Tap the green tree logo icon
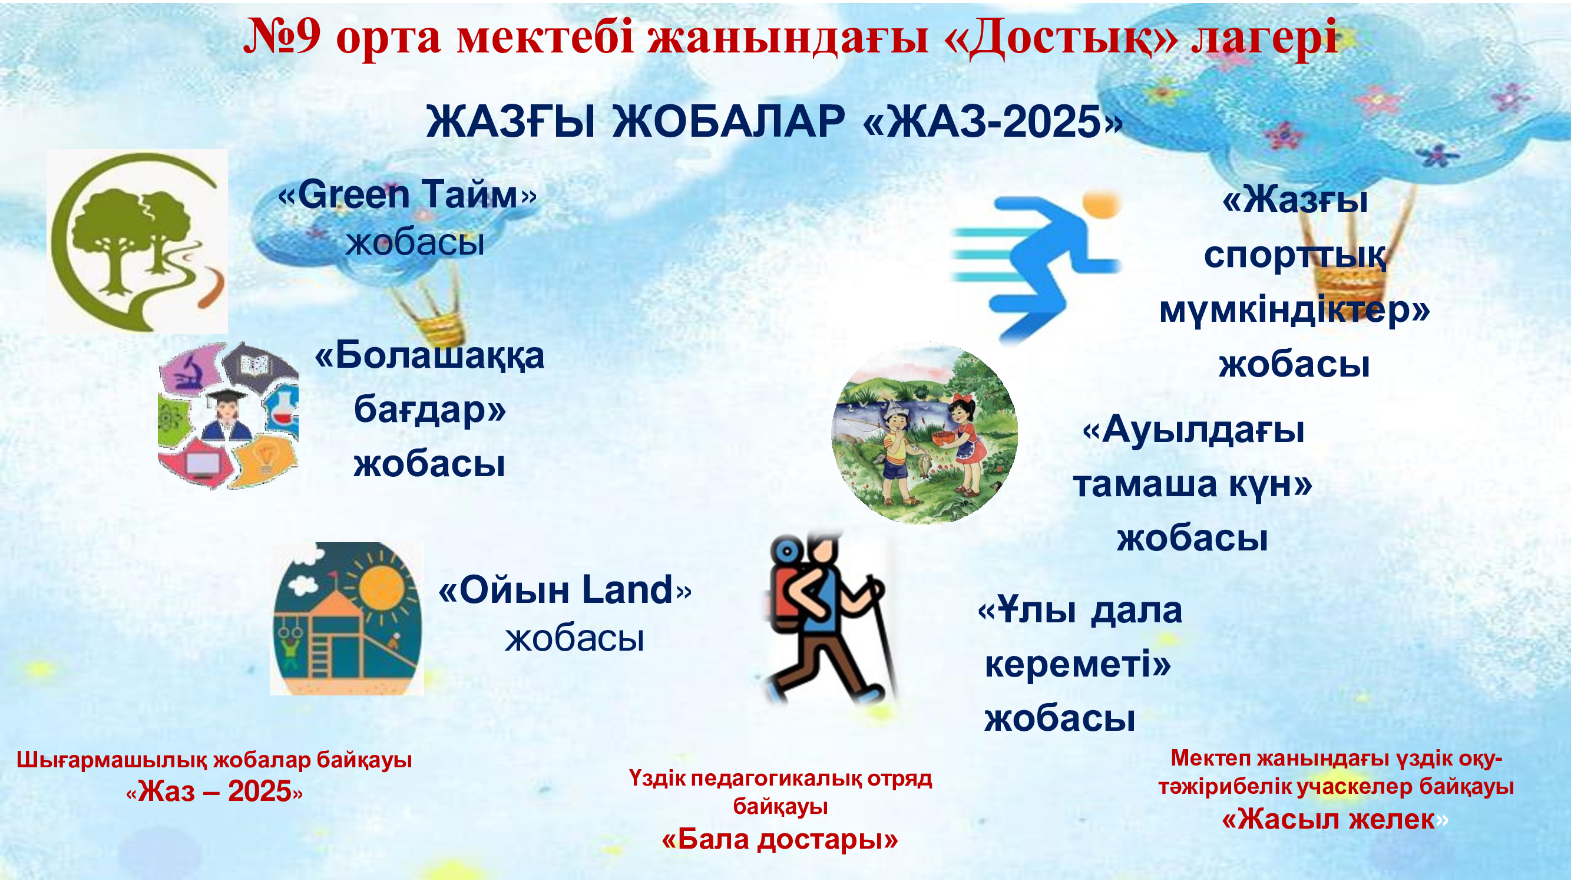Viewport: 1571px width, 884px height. click(x=137, y=242)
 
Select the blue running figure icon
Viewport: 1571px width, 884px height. click(x=1037, y=266)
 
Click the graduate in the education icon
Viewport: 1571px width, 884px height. click(x=226, y=415)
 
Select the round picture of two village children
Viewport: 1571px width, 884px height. click(x=925, y=433)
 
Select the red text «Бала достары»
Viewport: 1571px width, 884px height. click(x=780, y=839)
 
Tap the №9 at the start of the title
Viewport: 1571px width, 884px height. click(x=282, y=37)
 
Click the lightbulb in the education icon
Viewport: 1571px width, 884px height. click(x=265, y=457)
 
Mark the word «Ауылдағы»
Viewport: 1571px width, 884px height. click(x=1194, y=430)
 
